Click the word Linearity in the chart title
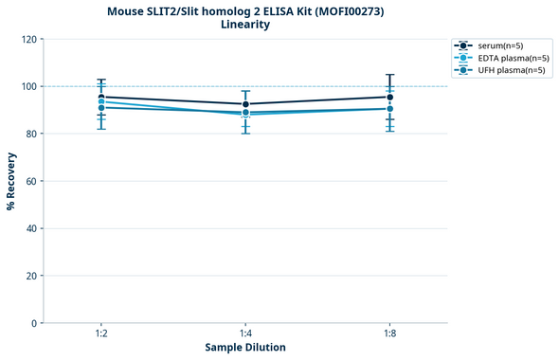pyautogui.click(x=244, y=25)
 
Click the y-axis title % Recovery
pyautogui.click(x=11, y=181)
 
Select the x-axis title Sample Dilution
pyautogui.click(x=244, y=348)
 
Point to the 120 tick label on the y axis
pyautogui.click(x=28, y=40)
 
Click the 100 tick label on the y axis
pyautogui.click(x=28, y=87)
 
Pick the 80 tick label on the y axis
pyautogui.click(x=31, y=135)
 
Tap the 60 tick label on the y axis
pyautogui.click(x=31, y=182)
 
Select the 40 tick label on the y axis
pyautogui.click(x=31, y=229)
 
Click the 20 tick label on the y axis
pyautogui.click(x=31, y=277)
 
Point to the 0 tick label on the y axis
pyautogui.click(x=34, y=324)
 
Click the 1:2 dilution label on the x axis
pyautogui.click(x=101, y=333)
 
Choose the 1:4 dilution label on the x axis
pyautogui.click(x=245, y=333)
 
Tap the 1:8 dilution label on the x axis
pyautogui.click(x=389, y=333)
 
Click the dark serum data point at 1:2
pyautogui.click(x=101, y=97)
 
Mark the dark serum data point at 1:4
pyautogui.click(x=245, y=104)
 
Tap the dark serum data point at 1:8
pyautogui.click(x=389, y=97)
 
